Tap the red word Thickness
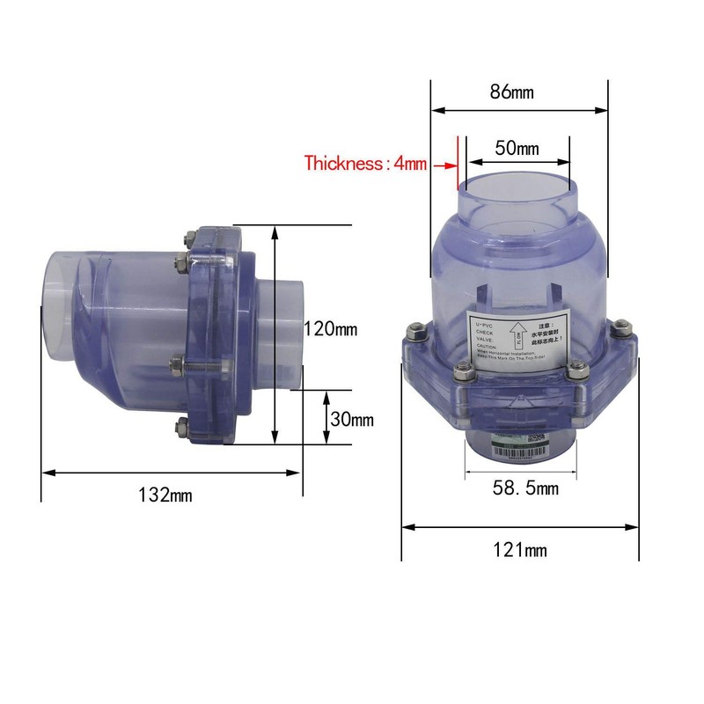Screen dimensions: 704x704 tap(345, 163)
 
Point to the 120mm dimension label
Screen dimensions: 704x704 tap(330, 329)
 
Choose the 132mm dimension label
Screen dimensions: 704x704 tap(165, 495)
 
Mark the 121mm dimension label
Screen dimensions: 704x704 tap(520, 551)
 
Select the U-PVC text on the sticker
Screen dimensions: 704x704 tap(486, 325)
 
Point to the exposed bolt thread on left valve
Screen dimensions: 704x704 tap(202, 362)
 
